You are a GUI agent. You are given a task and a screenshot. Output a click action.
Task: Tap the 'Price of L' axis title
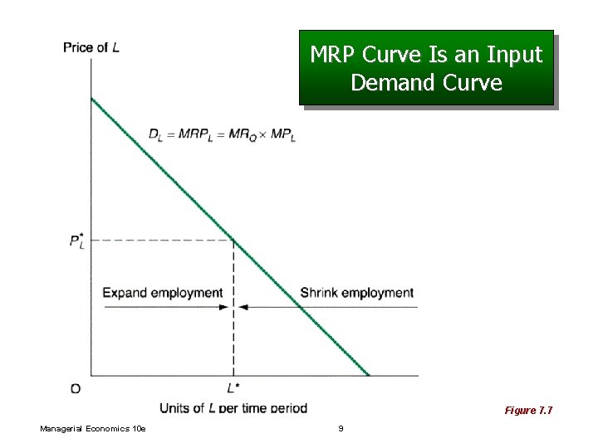(x=91, y=47)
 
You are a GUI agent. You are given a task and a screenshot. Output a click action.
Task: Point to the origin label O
(x=76, y=387)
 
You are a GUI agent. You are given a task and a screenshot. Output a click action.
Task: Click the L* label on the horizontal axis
(x=233, y=387)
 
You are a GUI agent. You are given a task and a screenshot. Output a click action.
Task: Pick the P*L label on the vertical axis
(x=77, y=242)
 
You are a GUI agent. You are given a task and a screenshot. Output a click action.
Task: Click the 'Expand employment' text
(x=163, y=293)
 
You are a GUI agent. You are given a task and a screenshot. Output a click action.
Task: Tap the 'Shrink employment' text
(x=356, y=293)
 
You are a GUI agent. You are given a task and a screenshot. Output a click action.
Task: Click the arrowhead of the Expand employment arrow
(x=225, y=307)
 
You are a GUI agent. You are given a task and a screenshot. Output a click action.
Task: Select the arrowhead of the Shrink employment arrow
(x=243, y=307)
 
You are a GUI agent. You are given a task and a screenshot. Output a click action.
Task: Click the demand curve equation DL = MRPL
(x=222, y=134)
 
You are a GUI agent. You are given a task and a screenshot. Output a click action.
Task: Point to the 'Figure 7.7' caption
(x=528, y=411)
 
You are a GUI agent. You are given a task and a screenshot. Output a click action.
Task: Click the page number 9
(x=341, y=428)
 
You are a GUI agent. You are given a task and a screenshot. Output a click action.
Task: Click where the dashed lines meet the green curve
(x=233, y=241)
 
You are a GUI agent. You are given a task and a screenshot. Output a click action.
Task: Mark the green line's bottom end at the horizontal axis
(x=368, y=375)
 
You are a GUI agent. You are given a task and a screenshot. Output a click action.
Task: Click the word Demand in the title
(x=390, y=83)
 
